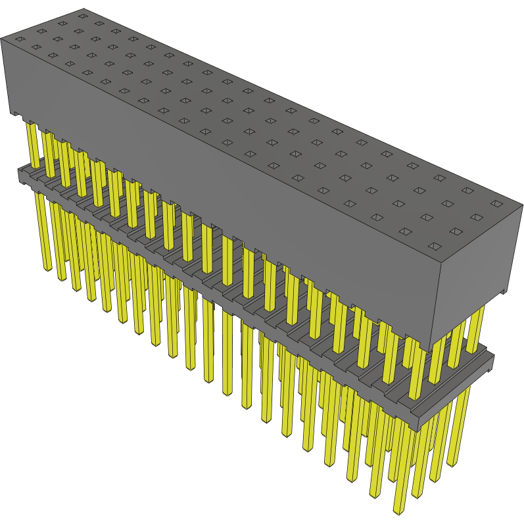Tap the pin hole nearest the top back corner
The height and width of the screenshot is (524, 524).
click(x=82, y=14)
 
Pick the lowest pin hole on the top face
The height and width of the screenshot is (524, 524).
click(x=435, y=247)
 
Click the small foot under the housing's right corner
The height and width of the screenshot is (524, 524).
click(x=504, y=290)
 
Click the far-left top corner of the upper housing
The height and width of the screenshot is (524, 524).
click(x=2, y=37)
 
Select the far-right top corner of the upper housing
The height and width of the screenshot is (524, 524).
click(x=522, y=205)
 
